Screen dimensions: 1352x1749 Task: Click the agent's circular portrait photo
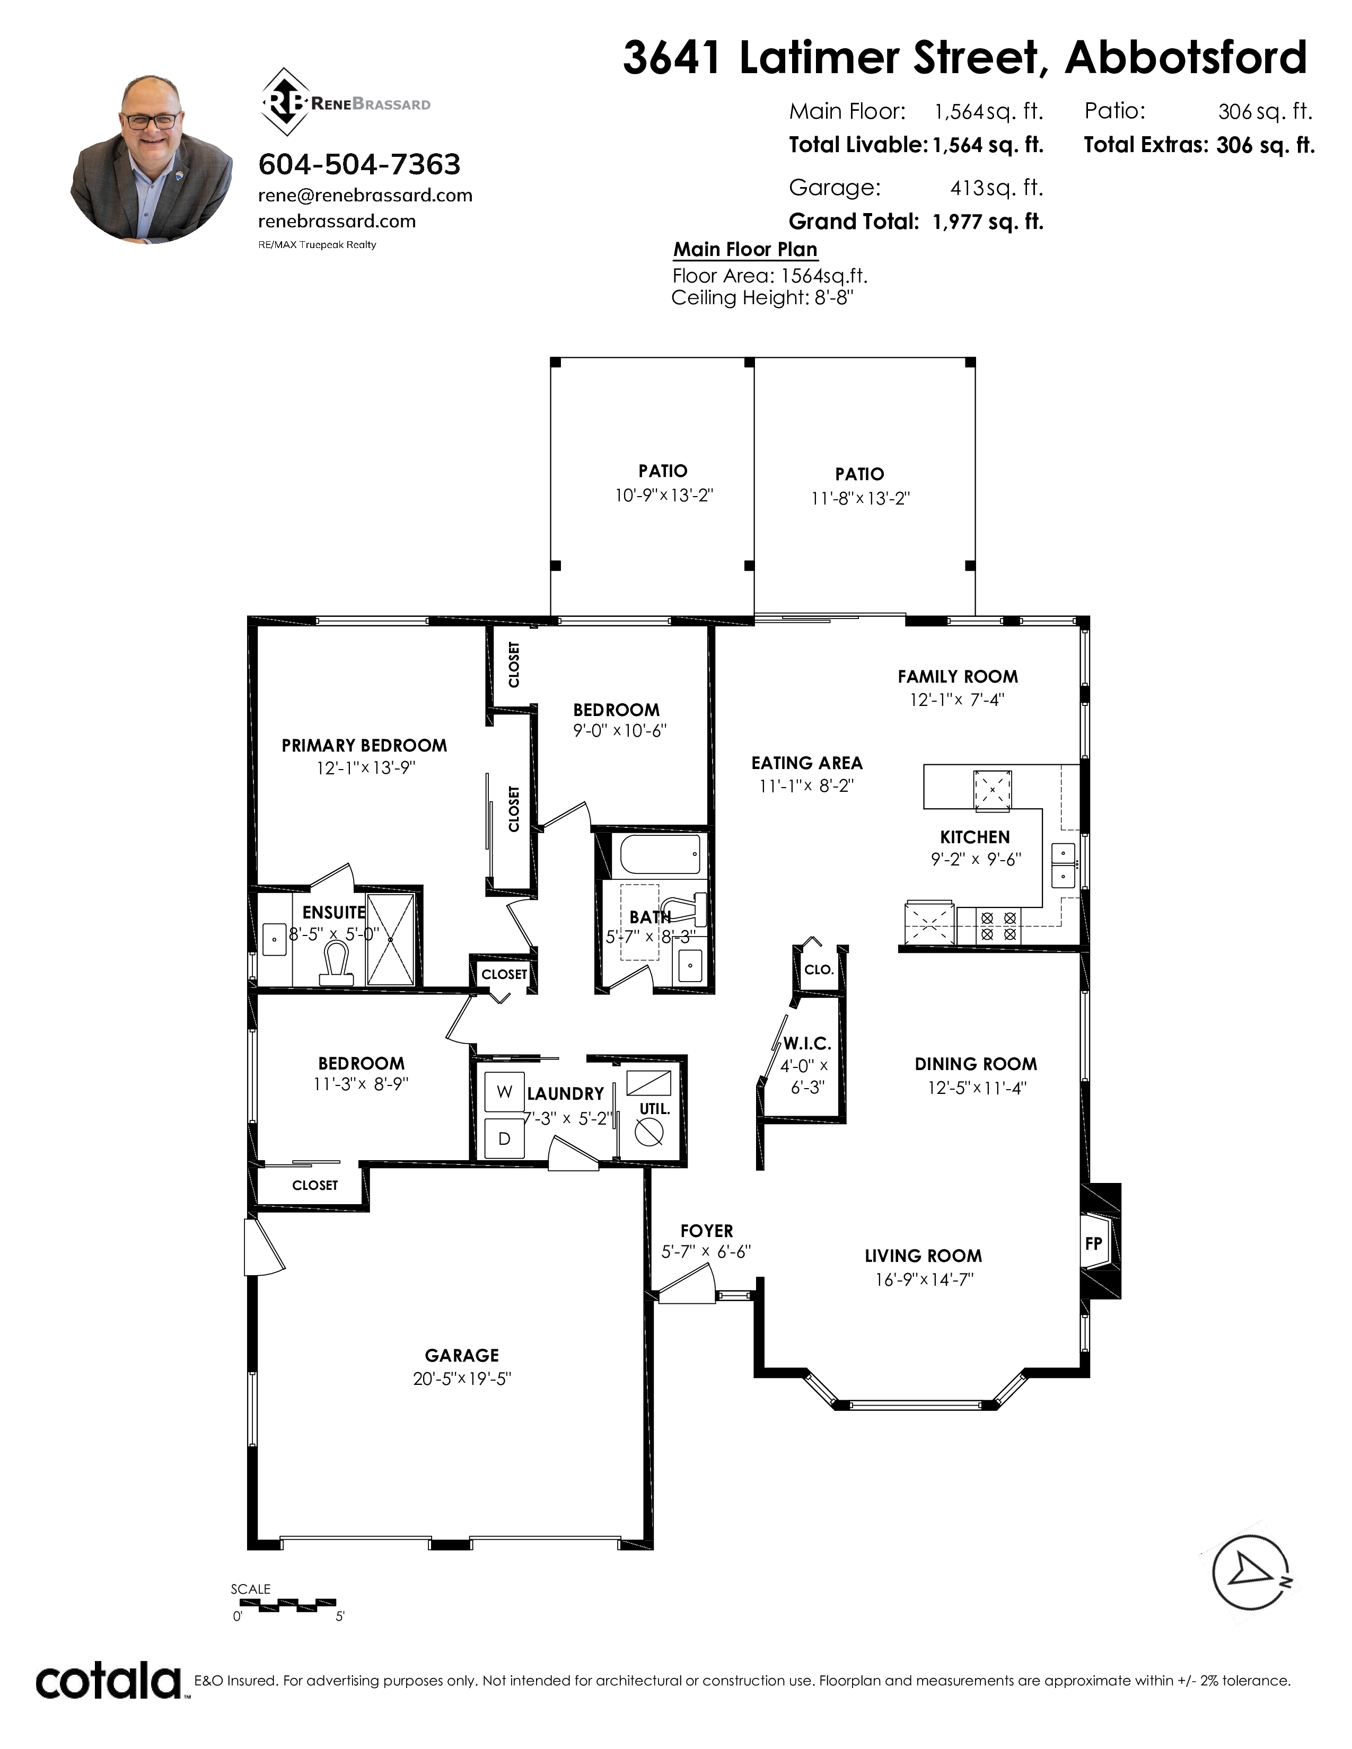click(x=152, y=160)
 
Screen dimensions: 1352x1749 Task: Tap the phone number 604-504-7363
click(x=359, y=164)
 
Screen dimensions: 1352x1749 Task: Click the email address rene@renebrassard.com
click(x=365, y=196)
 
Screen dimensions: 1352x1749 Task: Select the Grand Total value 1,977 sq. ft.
click(x=988, y=222)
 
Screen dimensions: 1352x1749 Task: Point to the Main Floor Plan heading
click(x=745, y=249)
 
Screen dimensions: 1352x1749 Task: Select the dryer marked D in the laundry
click(x=505, y=1138)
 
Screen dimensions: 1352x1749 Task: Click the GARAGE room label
click(x=462, y=1355)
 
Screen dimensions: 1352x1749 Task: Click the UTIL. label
click(x=654, y=1109)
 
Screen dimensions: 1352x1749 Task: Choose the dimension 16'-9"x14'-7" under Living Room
click(x=924, y=1280)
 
